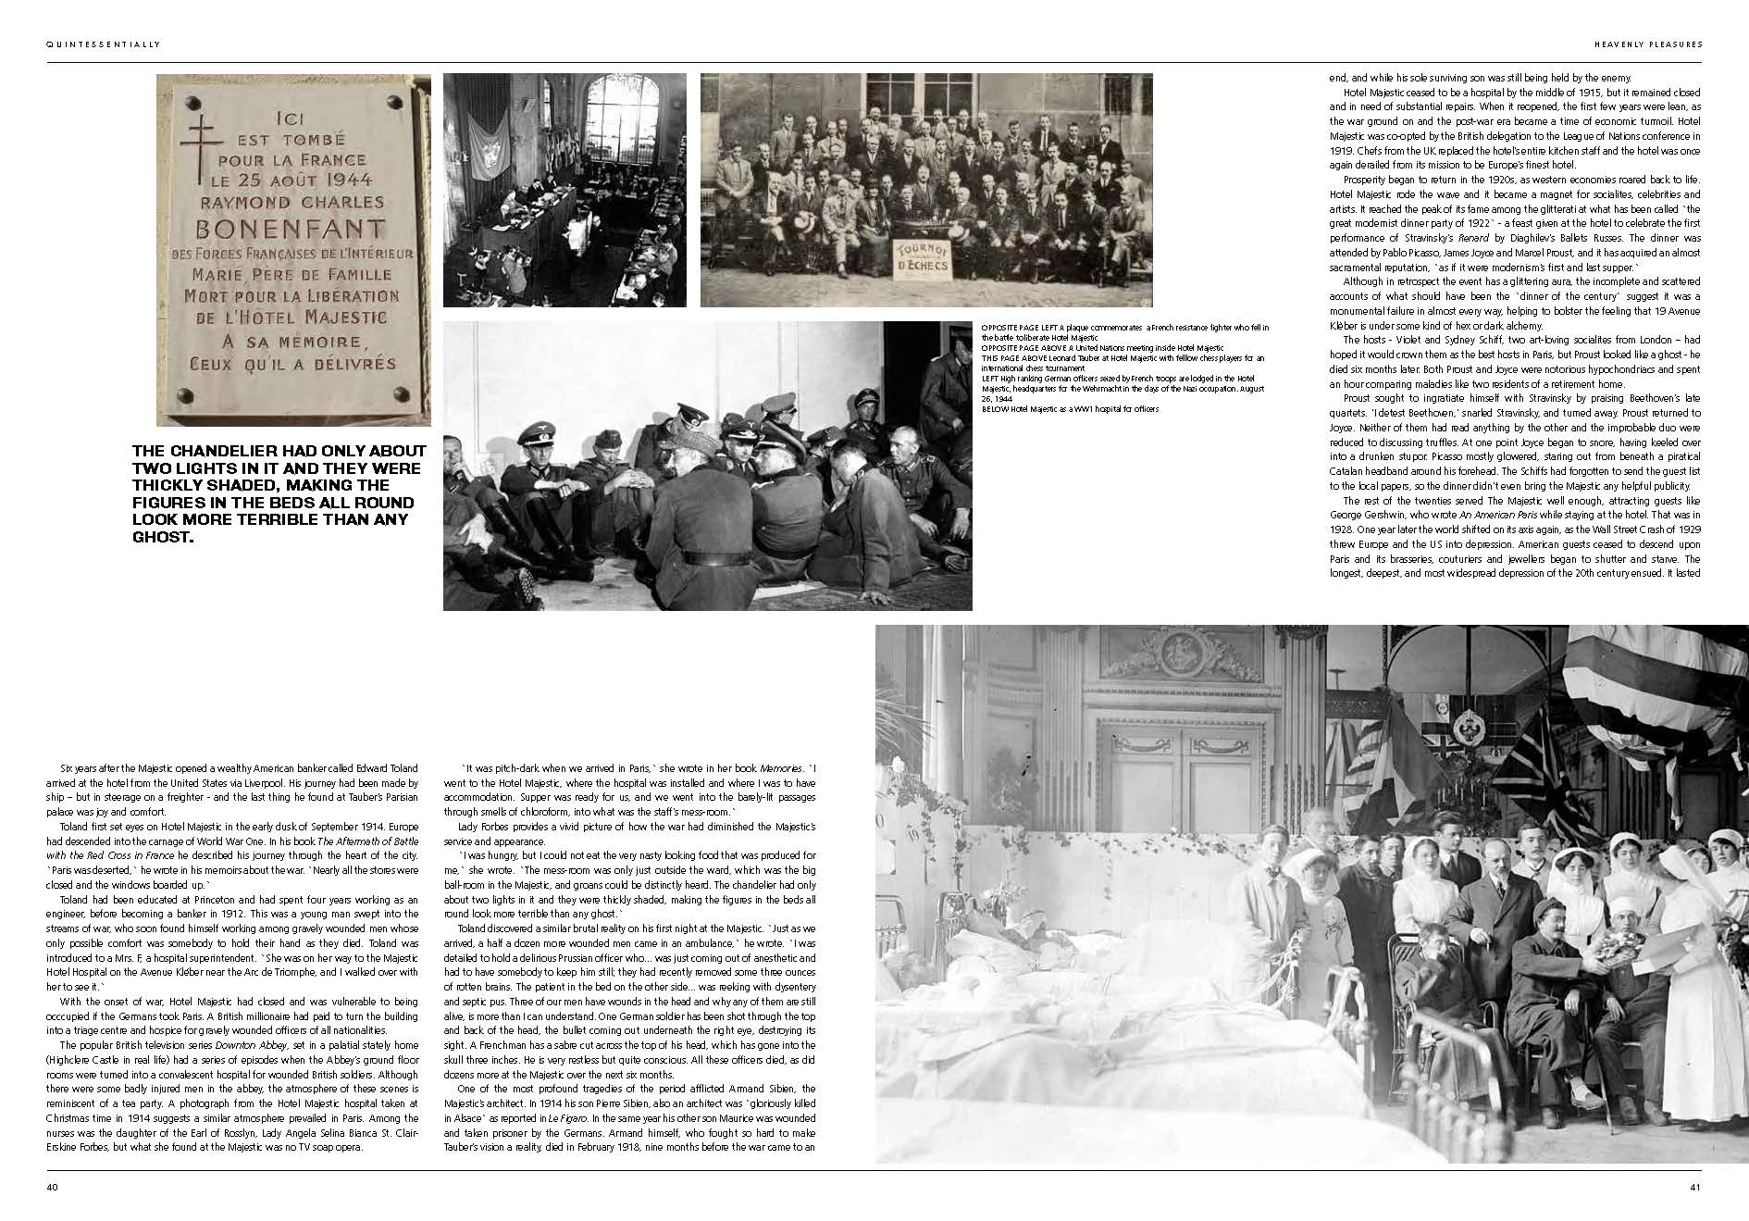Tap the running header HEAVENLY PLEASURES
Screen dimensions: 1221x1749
pyautogui.click(x=1649, y=44)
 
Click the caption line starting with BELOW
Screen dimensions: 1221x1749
pyautogui.click(x=1069, y=408)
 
